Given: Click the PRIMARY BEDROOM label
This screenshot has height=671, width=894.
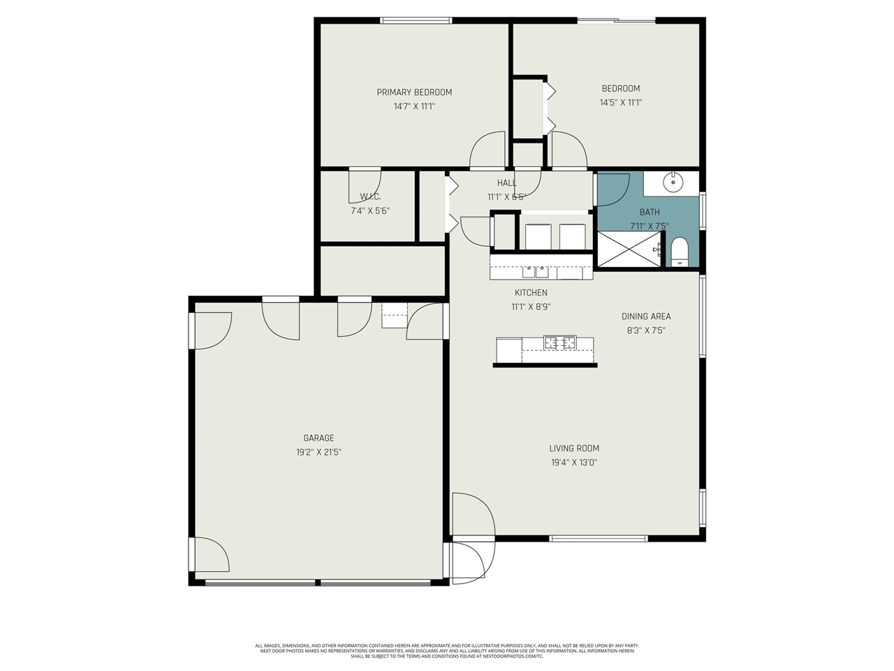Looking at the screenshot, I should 414,92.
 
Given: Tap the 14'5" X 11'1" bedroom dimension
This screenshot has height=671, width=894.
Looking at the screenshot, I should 620,103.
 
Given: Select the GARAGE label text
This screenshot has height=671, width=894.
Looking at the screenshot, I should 318,438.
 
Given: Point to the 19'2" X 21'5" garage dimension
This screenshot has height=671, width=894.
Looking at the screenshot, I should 318,452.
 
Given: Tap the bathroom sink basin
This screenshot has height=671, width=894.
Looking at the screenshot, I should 673,182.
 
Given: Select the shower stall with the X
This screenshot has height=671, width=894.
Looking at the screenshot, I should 629,250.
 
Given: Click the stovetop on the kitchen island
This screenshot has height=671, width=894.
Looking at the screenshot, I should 559,342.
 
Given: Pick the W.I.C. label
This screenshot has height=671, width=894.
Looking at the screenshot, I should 370,196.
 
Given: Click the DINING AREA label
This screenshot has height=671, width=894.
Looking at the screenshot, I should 646,317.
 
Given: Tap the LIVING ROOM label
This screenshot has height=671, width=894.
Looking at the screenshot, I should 574,449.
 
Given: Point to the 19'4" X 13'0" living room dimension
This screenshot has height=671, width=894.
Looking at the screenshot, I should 574,463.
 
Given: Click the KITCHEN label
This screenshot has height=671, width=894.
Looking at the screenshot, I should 531,293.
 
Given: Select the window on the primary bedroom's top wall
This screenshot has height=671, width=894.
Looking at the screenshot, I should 416,20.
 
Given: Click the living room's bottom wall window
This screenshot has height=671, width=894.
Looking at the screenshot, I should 599,538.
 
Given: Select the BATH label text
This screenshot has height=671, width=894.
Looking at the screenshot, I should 650,212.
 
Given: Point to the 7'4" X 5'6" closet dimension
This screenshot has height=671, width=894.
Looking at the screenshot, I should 370,210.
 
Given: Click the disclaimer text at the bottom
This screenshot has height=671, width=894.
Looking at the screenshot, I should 447,651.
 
